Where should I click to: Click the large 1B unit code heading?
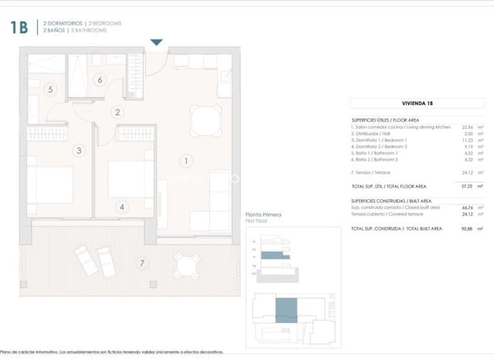click(19, 29)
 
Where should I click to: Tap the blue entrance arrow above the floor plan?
click(157, 42)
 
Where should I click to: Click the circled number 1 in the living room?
click(185, 161)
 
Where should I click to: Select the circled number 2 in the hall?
click(118, 112)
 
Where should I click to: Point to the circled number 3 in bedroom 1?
click(79, 151)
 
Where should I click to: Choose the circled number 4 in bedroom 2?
click(122, 206)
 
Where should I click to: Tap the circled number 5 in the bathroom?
click(50, 90)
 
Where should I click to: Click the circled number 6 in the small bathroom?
click(100, 80)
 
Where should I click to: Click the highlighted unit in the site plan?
click(286, 310)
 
